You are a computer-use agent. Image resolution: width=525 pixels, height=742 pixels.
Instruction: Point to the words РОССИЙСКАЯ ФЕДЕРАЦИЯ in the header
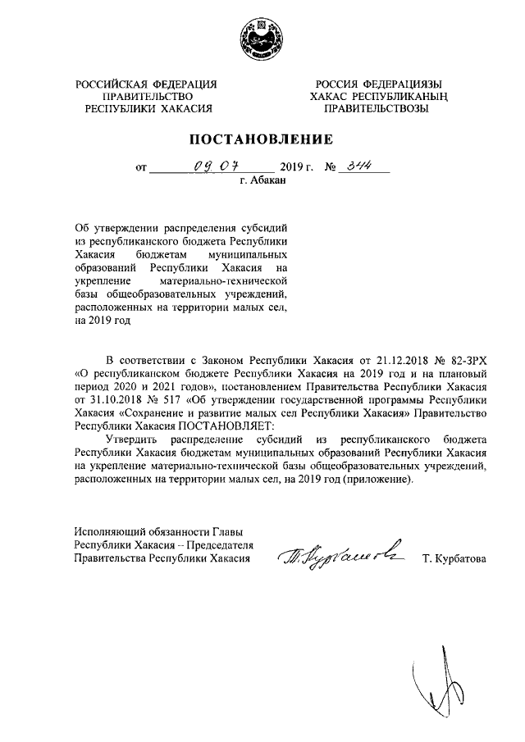point(146,84)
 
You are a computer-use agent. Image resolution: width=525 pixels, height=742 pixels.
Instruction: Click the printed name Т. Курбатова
point(454,559)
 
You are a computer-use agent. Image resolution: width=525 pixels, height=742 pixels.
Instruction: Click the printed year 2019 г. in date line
point(299,166)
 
